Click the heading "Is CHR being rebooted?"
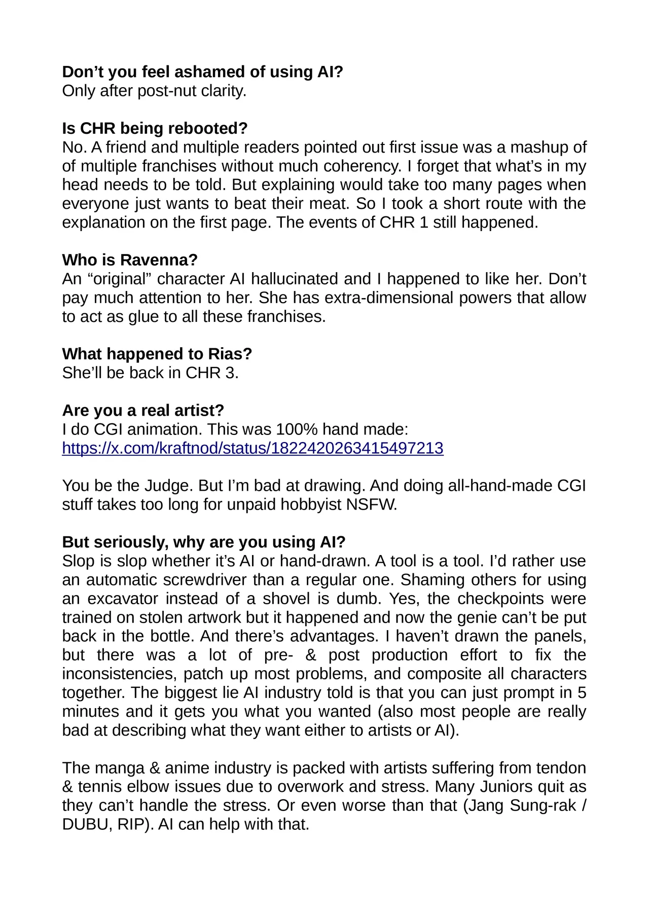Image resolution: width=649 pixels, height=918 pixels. (155, 128)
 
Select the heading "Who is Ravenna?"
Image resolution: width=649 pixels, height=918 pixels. (130, 260)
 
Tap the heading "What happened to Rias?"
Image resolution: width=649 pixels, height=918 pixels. (157, 354)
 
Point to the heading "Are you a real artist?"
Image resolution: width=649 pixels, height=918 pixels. (143, 410)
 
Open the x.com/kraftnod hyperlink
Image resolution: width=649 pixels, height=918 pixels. (253, 448)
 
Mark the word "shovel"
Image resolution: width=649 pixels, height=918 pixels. (281, 599)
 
